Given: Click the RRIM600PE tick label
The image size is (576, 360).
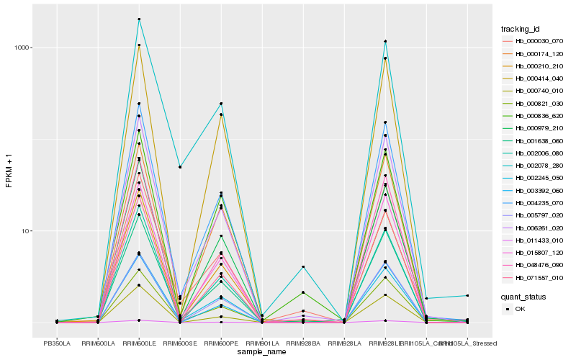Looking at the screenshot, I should (221, 343).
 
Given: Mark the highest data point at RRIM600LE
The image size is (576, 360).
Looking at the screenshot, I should (139, 19).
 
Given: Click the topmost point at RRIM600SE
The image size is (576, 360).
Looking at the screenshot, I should (180, 167).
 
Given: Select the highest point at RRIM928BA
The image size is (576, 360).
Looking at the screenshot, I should (303, 267).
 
